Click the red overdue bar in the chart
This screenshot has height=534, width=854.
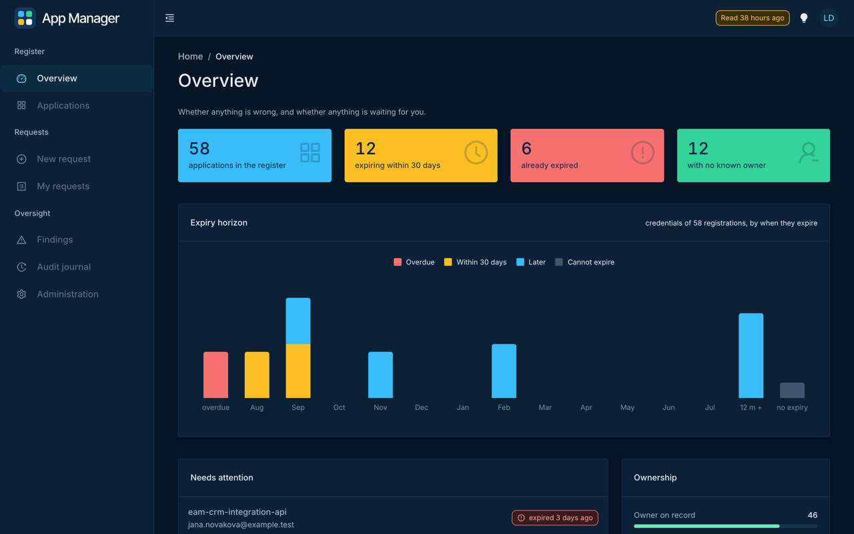216,374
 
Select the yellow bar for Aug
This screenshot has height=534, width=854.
257,374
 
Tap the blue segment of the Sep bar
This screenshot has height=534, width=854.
298,321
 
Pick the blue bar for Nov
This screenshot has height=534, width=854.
380,374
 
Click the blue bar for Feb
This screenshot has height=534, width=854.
504,370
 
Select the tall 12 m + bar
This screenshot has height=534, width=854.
751,356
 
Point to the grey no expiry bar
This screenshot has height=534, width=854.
792,390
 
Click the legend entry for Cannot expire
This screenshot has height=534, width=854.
585,262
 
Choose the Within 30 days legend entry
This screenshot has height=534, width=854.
476,262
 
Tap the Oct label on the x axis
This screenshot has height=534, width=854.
340,407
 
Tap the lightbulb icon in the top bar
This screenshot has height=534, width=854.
804,18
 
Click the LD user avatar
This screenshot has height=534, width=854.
829,18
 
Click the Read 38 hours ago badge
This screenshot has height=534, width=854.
753,18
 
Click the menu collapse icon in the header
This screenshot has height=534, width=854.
169,18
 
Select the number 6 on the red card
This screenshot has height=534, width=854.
526,148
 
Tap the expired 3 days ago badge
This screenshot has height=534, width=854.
555,517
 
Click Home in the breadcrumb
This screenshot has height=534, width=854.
191,57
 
